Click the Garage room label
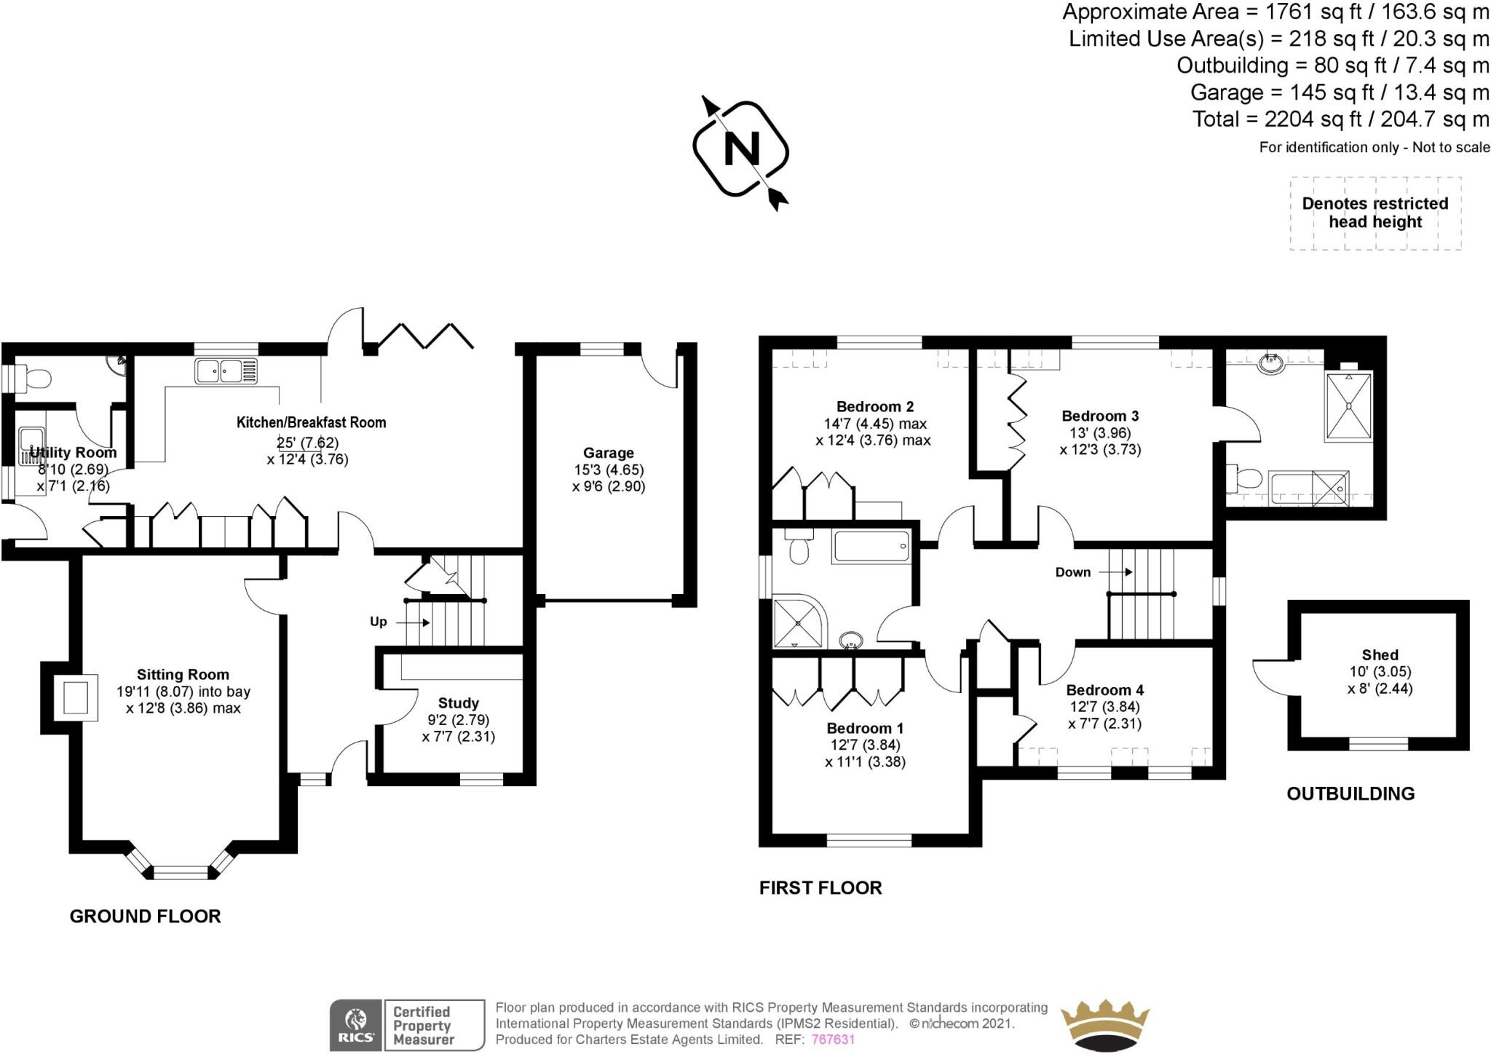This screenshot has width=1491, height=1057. point(608,453)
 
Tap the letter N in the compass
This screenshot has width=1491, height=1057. point(741,149)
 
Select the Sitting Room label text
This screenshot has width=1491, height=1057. point(183,675)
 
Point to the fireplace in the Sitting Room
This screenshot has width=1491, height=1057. point(75,697)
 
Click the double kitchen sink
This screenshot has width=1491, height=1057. point(226,371)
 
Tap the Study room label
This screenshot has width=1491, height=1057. point(458,703)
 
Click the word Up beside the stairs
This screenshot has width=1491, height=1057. point(378,622)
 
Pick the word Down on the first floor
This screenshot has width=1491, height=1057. point(1072,572)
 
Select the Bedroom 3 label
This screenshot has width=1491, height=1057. point(1100,416)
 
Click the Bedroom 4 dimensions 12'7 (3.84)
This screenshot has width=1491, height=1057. point(1104,707)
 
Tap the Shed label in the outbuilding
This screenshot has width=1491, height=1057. point(1380,655)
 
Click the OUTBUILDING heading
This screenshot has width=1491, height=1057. point(1350,794)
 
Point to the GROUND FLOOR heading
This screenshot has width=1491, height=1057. point(145,917)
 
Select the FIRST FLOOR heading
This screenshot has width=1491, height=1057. point(820,888)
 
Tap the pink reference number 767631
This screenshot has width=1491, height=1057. point(833,1040)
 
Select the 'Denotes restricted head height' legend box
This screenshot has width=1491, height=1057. point(1375,213)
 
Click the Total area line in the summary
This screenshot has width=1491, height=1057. point(1340,119)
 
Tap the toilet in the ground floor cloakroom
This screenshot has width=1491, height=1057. point(35,379)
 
